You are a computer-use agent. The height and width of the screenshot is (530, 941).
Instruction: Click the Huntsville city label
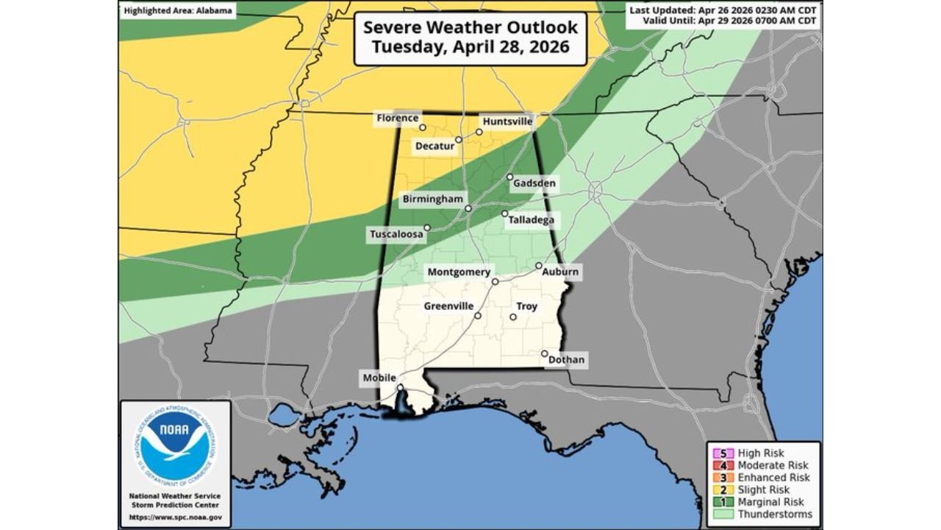[507, 121]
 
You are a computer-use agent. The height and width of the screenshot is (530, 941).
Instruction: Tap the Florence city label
[397, 118]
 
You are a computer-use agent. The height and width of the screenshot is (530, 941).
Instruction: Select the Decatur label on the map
[434, 146]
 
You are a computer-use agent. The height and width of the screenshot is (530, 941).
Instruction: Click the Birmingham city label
[432, 199]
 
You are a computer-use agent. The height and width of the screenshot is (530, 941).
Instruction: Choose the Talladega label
[531, 220]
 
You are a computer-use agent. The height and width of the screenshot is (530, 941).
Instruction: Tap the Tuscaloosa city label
[396, 235]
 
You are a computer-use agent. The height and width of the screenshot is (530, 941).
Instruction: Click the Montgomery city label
[459, 272]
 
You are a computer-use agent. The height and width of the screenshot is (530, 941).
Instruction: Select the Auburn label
[560, 272]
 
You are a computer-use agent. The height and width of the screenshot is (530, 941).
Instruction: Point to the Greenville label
[449, 306]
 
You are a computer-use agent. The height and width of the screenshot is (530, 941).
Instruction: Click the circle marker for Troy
[513, 317]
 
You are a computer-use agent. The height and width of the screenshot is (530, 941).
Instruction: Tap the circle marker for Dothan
[544, 354]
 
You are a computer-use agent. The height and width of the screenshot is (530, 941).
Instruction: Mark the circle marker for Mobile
[400, 388]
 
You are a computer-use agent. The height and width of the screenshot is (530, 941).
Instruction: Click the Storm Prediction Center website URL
[175, 517]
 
